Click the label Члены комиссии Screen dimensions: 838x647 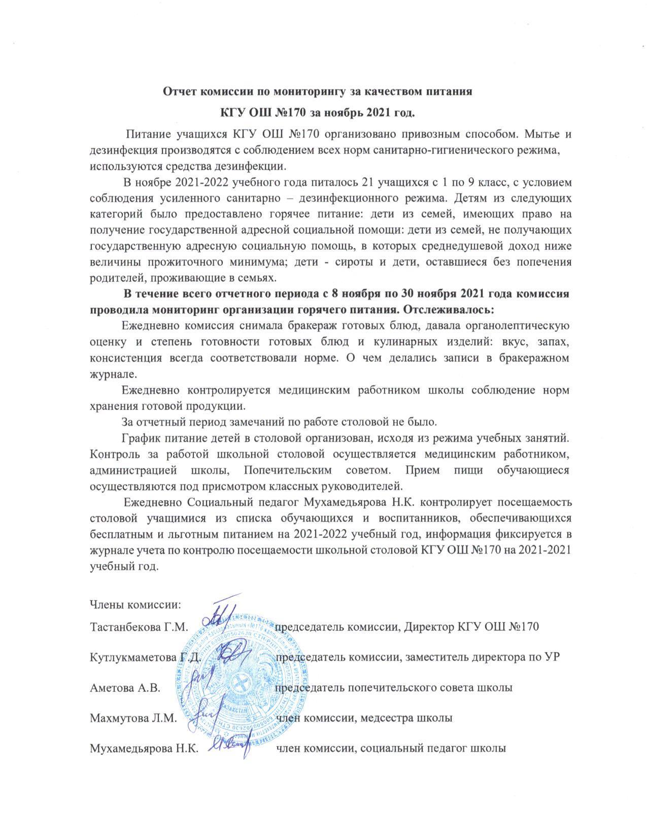tap(135, 604)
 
